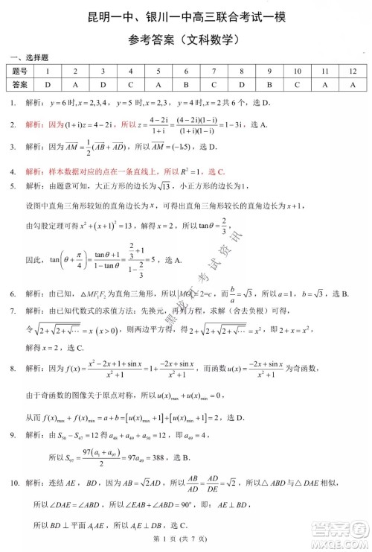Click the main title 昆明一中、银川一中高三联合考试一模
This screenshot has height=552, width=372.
(186, 16)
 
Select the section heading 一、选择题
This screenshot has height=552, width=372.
(29, 57)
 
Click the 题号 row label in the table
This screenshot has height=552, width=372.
(21, 72)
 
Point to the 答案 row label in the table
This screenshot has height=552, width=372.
(21, 84)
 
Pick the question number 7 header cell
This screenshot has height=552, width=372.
(214, 72)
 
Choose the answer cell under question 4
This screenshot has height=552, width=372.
(130, 84)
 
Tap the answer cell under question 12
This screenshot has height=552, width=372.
(353, 84)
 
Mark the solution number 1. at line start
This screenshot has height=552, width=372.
(13, 103)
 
